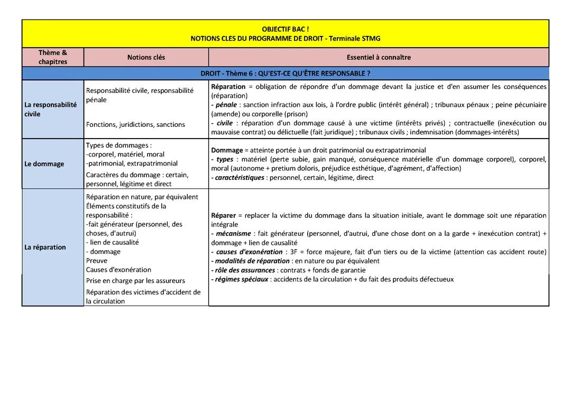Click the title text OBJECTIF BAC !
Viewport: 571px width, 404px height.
tap(285, 29)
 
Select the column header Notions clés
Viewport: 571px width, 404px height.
tap(146, 57)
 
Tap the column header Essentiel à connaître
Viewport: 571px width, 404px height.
tap(379, 57)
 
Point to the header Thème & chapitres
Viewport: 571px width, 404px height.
tap(53, 57)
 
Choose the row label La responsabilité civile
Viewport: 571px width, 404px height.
tap(50, 109)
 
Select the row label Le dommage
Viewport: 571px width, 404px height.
tap(44, 164)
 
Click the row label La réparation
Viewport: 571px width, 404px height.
tap(45, 247)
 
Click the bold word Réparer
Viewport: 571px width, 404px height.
tap(223, 215)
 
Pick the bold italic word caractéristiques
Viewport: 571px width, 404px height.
tap(240, 178)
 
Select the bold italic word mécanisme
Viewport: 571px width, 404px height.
tap(233, 233)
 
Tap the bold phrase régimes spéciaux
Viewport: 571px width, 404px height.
tap(242, 279)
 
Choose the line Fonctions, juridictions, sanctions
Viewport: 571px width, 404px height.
tap(135, 125)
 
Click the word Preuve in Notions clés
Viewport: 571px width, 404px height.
tap(97, 261)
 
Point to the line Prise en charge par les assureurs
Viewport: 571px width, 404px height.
tap(135, 281)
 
